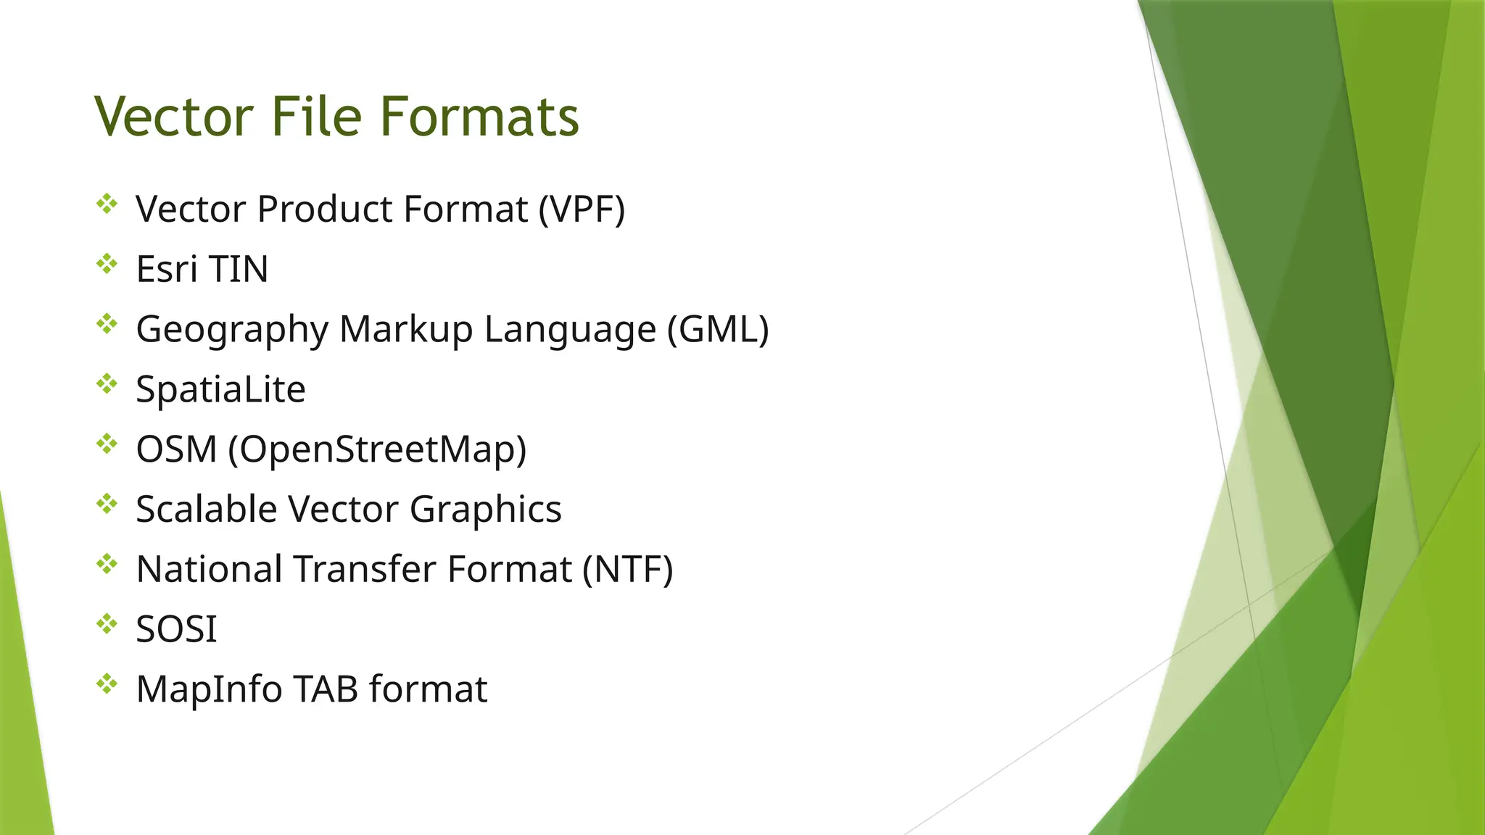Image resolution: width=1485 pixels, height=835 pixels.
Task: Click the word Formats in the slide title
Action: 479,117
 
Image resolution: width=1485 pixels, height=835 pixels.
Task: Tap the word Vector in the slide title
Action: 174,117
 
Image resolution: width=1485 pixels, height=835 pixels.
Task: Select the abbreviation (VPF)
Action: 582,209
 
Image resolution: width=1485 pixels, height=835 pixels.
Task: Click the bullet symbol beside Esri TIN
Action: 107,264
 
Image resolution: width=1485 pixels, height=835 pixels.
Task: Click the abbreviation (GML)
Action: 718,329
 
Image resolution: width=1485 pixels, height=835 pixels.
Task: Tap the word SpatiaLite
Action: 220,389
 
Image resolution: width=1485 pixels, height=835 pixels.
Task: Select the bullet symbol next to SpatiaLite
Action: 107,384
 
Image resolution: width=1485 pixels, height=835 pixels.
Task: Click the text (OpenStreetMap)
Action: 377,449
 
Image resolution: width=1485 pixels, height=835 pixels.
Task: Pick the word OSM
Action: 176,449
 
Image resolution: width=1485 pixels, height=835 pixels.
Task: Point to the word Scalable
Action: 206,509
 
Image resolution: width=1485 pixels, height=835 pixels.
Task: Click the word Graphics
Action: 485,510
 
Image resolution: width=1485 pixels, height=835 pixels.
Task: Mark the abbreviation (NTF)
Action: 628,569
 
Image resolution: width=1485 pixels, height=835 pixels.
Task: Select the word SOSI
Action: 176,629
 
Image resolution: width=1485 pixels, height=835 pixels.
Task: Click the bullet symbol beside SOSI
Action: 107,624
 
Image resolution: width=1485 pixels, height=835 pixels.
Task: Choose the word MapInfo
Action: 209,689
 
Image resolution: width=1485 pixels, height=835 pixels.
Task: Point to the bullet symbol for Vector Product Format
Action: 107,204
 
